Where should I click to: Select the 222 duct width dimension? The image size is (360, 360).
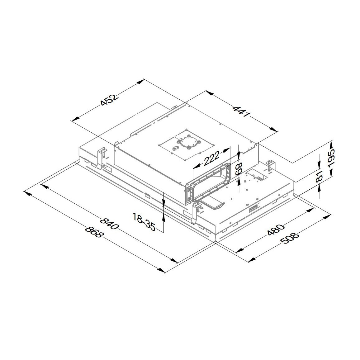211,157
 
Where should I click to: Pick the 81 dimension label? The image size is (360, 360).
320,176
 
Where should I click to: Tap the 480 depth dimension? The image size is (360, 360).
276,230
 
